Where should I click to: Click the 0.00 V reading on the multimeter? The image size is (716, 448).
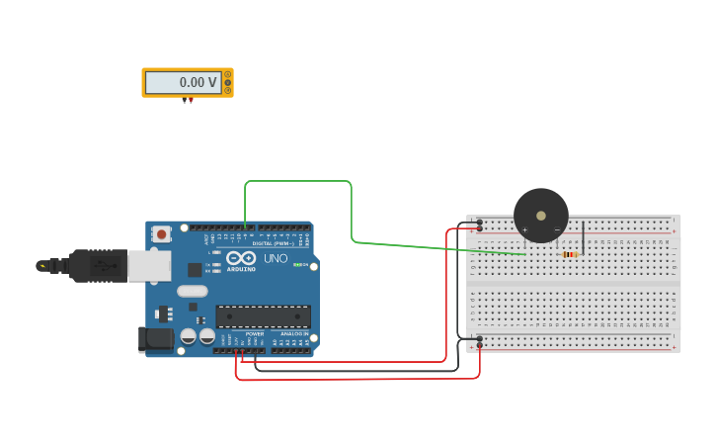[198, 83]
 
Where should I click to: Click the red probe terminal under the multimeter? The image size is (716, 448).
[191, 100]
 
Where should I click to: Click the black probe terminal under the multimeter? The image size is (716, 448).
[184, 100]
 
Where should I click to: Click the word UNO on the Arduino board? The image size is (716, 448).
[276, 258]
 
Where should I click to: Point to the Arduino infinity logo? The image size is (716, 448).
[241, 258]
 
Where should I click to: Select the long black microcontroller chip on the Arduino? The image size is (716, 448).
[263, 316]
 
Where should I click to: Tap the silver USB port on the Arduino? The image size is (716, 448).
[149, 265]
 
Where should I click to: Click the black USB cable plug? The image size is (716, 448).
[99, 266]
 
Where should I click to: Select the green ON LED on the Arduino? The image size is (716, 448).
[297, 264]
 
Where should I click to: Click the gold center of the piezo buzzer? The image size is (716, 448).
[541, 216]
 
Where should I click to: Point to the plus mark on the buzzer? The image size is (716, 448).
[524, 229]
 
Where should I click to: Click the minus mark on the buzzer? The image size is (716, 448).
[557, 229]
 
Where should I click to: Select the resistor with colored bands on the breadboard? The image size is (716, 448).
[569, 254]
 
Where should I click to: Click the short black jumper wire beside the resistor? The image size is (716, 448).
[584, 237]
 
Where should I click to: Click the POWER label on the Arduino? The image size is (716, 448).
[255, 334]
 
